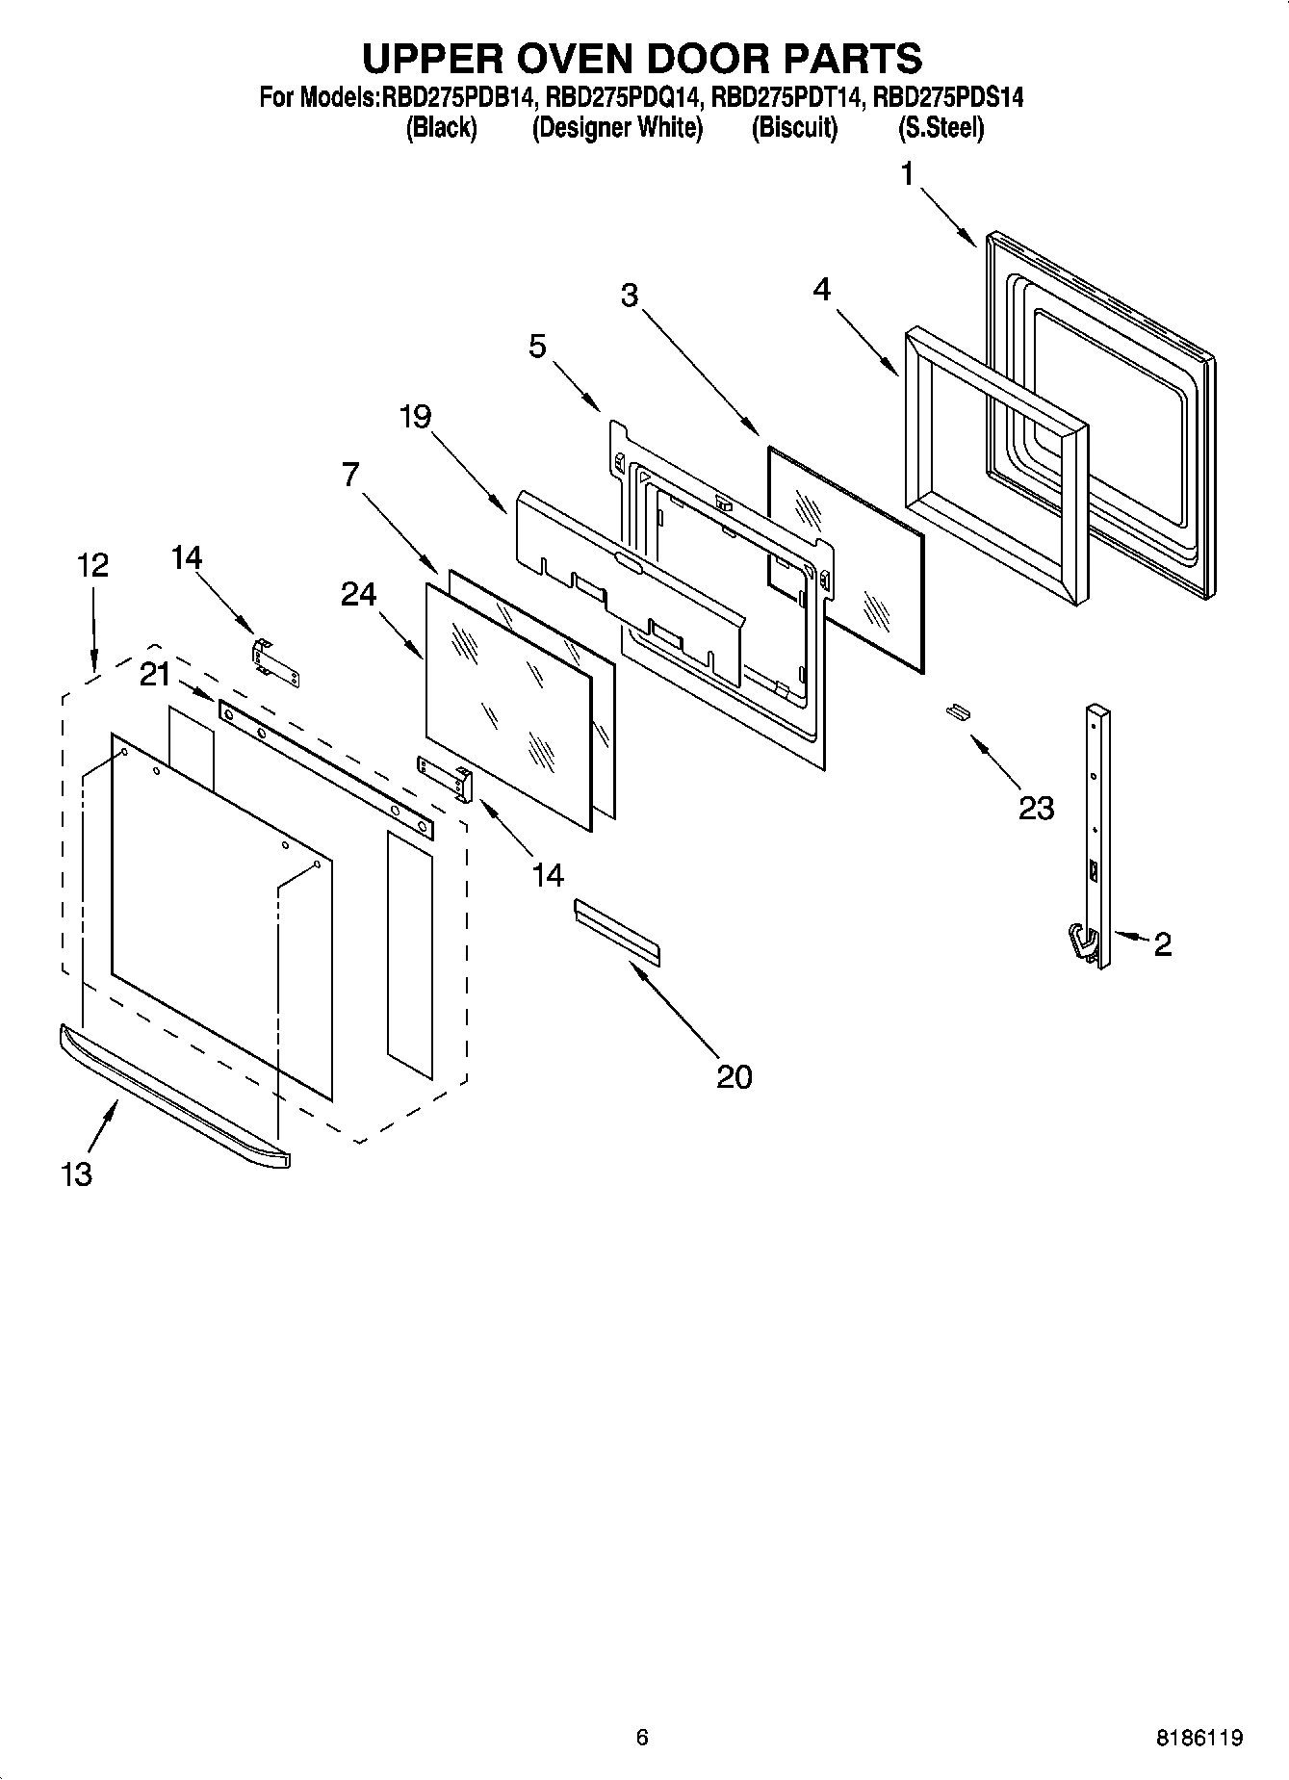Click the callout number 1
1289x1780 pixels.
pos(907,174)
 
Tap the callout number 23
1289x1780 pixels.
pos(1036,808)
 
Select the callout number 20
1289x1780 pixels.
pos(734,1076)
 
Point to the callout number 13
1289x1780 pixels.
pos(76,1174)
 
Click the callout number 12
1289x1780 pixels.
pos(92,565)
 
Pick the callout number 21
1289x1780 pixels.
pos(155,675)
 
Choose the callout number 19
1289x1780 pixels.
pos(417,417)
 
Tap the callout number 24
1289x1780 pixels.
pos(358,595)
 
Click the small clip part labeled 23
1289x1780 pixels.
pos(957,710)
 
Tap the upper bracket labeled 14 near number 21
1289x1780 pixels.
pos(275,663)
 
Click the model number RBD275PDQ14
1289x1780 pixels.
pos(626,96)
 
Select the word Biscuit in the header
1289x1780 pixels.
pos(794,127)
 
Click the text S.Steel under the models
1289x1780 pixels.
pos(941,127)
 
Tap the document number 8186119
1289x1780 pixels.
pos(1199,1738)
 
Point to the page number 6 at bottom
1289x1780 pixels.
pos(642,1737)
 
